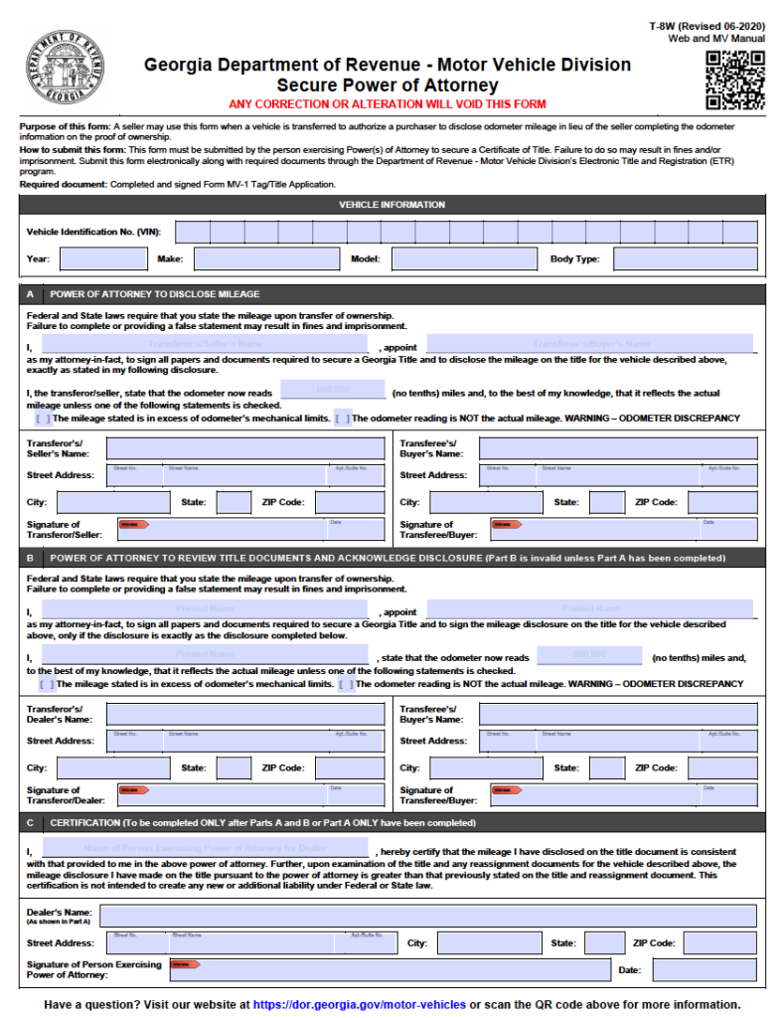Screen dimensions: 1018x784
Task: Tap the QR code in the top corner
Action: tap(735, 81)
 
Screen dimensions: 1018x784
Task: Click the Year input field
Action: tap(103, 259)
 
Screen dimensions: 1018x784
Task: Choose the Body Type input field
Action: tap(685, 259)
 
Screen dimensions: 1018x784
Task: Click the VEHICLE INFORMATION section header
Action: tap(392, 205)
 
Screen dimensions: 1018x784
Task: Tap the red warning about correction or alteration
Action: tap(387, 104)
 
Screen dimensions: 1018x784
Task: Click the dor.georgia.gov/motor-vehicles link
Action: tap(359, 1004)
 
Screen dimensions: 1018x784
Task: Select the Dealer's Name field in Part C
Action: tap(428, 916)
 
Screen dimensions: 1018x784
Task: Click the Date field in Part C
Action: tap(704, 969)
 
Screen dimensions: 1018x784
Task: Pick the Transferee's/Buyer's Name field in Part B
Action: tap(617, 713)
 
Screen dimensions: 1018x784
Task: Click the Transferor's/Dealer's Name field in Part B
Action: tap(244, 713)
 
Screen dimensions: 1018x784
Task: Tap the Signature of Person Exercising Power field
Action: tap(388, 969)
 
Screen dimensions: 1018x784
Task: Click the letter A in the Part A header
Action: tap(30, 294)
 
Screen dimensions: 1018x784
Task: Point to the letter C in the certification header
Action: tap(30, 823)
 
